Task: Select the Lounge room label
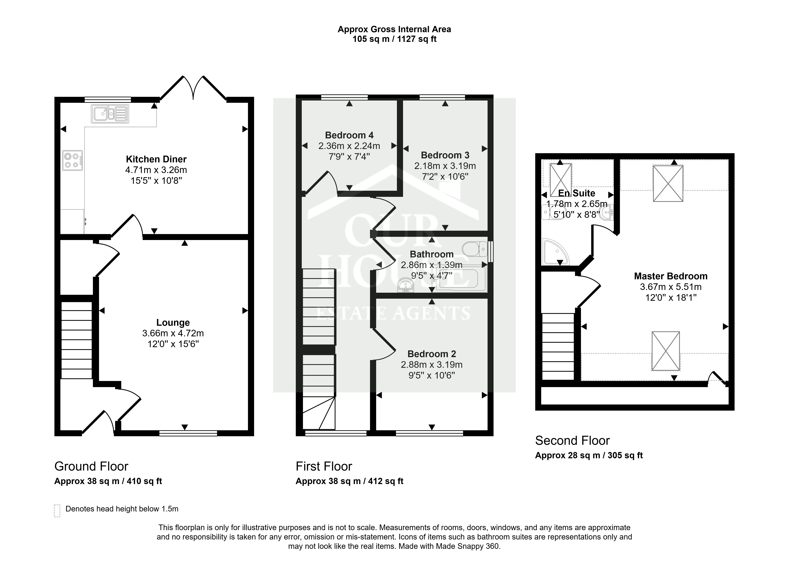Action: (x=173, y=322)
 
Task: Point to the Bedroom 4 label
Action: (x=349, y=135)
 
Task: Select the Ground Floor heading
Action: (x=91, y=466)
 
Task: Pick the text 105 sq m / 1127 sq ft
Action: (x=394, y=39)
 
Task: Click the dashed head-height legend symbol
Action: (x=57, y=511)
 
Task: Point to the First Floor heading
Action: (x=324, y=466)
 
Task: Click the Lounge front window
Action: (x=188, y=433)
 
